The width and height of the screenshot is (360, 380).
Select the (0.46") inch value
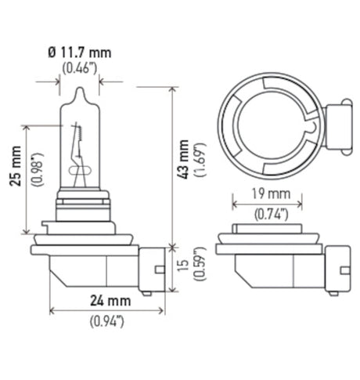(80, 68)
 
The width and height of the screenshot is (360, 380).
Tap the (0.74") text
(270, 212)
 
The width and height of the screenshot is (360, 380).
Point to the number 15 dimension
(183, 268)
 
